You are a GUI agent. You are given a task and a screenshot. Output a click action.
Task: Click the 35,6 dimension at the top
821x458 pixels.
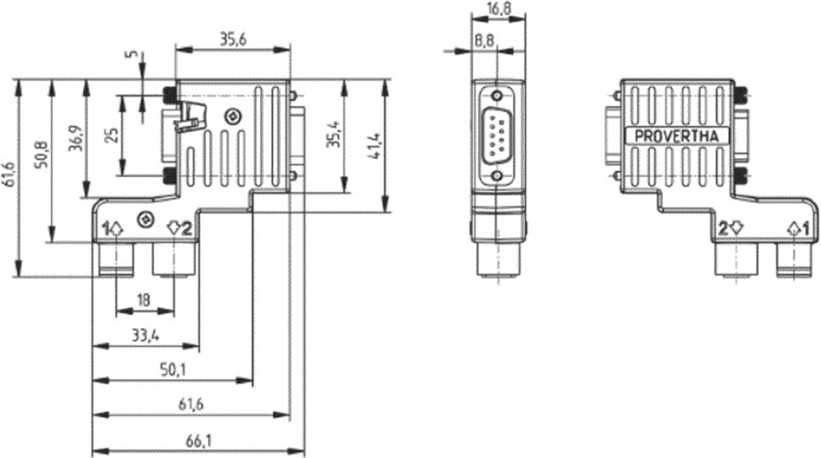(233, 40)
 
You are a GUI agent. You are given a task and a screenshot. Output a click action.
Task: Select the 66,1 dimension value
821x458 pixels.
(198, 441)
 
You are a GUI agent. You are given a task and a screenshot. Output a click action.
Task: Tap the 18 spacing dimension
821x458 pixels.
(144, 300)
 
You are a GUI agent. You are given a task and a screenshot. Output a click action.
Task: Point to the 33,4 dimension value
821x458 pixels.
(145, 336)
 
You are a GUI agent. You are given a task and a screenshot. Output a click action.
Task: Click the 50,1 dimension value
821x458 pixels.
(173, 370)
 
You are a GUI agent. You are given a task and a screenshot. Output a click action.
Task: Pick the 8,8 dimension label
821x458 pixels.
(484, 41)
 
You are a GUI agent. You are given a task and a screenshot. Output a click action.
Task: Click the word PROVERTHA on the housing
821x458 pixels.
(677, 136)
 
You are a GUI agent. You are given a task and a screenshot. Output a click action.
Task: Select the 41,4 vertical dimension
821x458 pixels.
(375, 146)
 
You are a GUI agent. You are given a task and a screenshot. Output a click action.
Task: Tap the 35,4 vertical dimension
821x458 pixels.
(333, 135)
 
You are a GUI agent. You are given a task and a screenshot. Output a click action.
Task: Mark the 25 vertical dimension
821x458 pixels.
(112, 135)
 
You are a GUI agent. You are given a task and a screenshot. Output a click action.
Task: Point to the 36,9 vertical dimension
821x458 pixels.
(75, 138)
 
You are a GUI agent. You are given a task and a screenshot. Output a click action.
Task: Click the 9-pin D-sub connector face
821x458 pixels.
(497, 136)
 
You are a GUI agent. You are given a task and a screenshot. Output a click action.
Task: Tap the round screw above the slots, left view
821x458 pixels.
(232, 116)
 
